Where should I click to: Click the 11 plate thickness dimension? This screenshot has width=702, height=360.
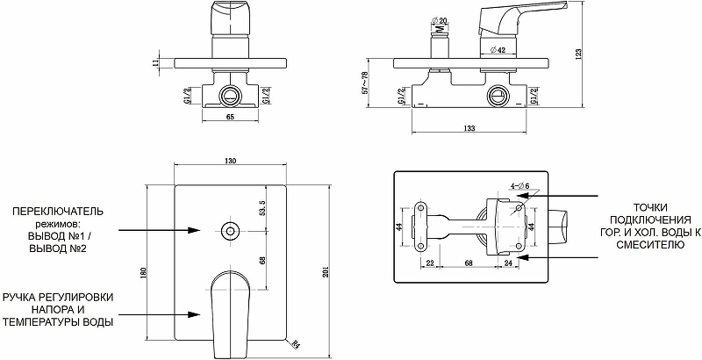[156, 62]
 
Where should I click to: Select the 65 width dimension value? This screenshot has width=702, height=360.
[230, 117]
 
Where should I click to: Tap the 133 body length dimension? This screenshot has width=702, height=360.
[469, 128]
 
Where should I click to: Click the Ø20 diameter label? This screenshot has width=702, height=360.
[441, 20]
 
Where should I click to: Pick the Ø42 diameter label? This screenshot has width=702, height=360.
[498, 51]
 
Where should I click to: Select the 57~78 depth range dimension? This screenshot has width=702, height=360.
[366, 82]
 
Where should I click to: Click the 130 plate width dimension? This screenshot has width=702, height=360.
[230, 161]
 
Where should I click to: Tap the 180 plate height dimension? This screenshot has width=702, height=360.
[144, 274]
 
